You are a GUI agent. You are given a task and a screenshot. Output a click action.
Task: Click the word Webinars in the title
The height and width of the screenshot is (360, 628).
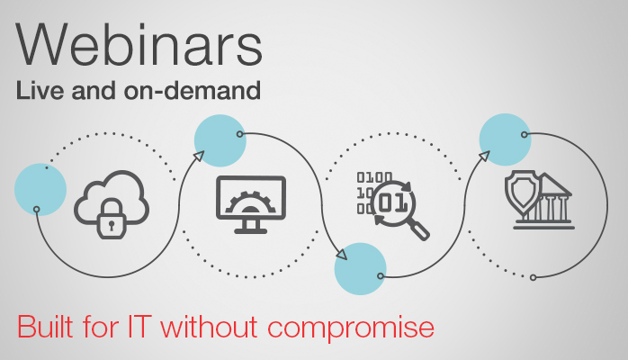click(x=139, y=45)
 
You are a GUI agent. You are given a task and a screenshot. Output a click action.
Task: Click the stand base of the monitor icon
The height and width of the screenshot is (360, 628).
click(x=251, y=230)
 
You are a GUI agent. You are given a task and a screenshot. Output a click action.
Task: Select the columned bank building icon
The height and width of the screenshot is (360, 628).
click(x=550, y=203)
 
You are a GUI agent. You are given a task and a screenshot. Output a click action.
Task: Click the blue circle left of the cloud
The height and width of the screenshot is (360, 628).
click(x=40, y=190)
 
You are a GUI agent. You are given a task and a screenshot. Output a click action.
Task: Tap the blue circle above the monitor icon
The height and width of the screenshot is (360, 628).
click(x=220, y=140)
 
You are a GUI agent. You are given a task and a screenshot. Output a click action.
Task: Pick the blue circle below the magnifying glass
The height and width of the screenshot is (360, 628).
click(x=360, y=268)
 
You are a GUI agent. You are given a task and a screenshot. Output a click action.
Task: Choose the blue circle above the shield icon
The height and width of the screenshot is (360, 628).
click(x=503, y=139)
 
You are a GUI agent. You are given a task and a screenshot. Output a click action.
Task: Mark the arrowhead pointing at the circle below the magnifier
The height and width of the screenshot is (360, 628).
click(x=340, y=255)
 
